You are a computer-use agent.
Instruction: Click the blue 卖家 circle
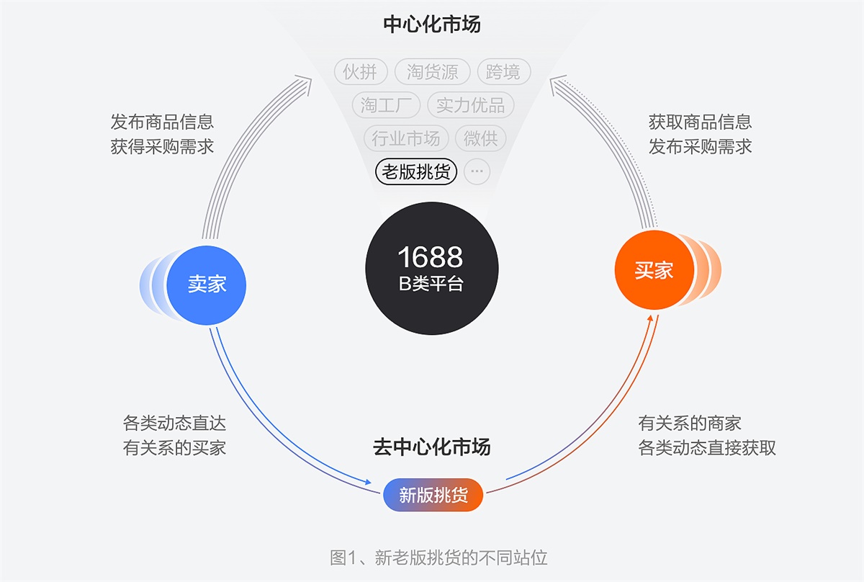(x=207, y=284)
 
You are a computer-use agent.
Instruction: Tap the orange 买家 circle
(x=654, y=271)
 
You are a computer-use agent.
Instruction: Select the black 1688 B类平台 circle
(x=431, y=268)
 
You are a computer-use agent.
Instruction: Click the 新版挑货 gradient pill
(x=433, y=495)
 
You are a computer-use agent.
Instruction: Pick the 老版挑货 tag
(x=416, y=172)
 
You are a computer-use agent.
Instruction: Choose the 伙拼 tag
(x=361, y=72)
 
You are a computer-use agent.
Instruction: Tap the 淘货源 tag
(x=432, y=72)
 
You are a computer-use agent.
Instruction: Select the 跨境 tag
(x=503, y=72)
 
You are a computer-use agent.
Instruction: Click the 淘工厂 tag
(x=386, y=105)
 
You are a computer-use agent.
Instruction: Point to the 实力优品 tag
(x=470, y=105)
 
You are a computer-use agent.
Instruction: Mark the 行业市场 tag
(x=406, y=138)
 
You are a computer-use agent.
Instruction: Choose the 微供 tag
(x=481, y=138)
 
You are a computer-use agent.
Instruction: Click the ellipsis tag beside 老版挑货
(x=477, y=172)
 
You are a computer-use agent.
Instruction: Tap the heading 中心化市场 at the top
(x=432, y=24)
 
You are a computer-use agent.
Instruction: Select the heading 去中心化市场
(x=432, y=447)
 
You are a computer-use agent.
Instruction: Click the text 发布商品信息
(x=162, y=122)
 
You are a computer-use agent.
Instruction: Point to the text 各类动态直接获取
(x=707, y=447)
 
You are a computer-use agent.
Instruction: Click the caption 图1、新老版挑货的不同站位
(x=438, y=557)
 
